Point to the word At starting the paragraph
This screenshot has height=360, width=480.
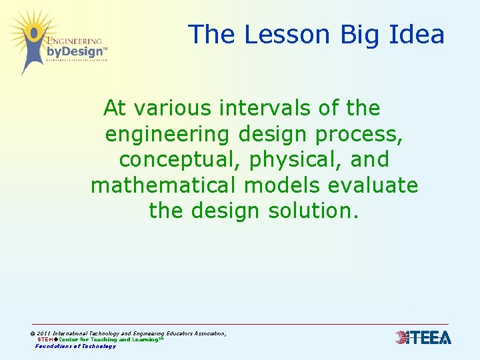point(115,108)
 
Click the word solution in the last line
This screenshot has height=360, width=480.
point(313,211)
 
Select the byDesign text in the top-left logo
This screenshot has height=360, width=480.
point(75,51)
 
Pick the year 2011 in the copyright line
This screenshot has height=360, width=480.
point(43,333)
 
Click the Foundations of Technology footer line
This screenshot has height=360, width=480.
point(75,346)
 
